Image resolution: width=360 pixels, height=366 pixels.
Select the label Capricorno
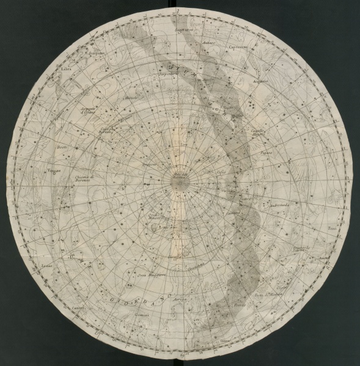click(238, 46)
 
